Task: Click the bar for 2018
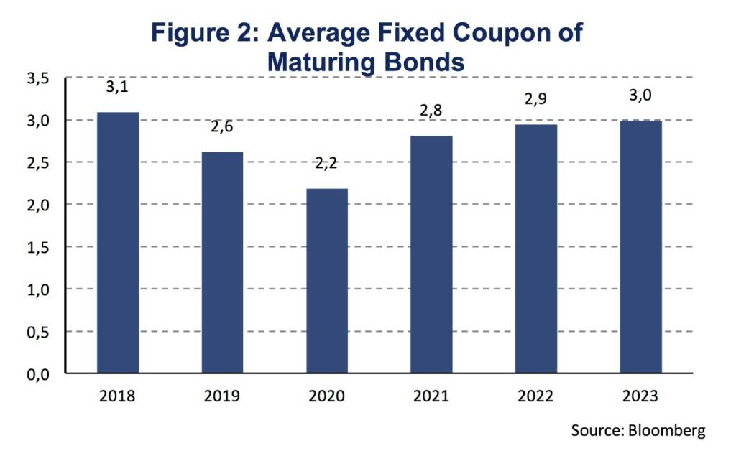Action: click(118, 243)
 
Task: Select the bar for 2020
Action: click(327, 281)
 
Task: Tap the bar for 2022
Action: click(536, 248)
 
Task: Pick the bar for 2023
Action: click(641, 246)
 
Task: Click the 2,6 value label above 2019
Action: click(222, 127)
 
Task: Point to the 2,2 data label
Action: click(327, 163)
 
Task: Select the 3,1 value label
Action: click(118, 88)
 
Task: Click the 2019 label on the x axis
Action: click(222, 396)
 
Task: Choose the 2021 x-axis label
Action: click(431, 396)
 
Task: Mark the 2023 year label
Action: click(641, 396)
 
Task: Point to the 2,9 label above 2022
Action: click(536, 99)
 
